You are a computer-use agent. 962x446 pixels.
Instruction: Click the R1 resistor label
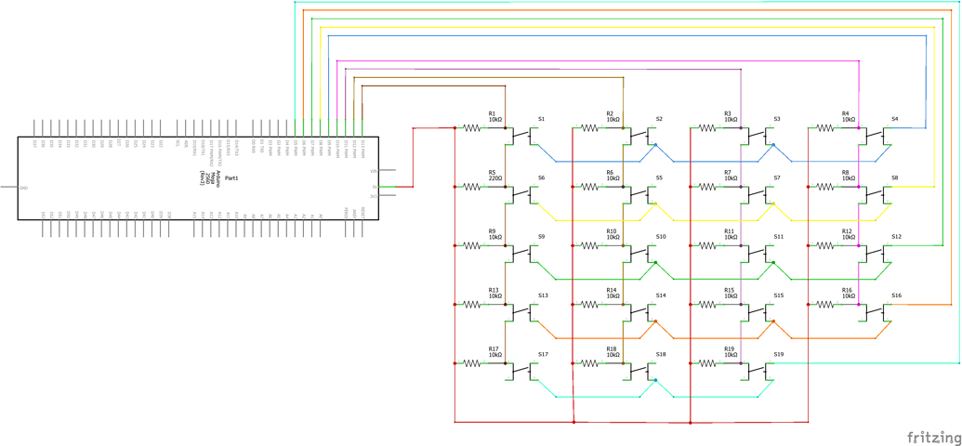tap(493, 113)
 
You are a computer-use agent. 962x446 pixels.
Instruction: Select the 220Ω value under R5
tap(495, 178)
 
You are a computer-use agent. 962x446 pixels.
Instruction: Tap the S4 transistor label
tap(895, 119)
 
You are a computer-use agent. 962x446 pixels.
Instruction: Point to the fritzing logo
tap(934, 437)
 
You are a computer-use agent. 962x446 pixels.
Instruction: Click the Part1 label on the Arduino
tap(231, 177)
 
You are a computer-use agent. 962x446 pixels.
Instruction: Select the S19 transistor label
tap(778, 355)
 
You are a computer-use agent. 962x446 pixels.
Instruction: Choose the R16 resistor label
tap(847, 290)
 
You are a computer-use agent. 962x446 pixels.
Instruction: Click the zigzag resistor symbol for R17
tap(472, 363)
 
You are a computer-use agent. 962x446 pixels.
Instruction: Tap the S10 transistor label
tap(660, 237)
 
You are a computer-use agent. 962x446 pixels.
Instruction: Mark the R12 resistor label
tap(847, 231)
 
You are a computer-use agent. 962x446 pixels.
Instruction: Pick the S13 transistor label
tap(543, 295)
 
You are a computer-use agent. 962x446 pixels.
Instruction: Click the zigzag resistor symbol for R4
tap(825, 128)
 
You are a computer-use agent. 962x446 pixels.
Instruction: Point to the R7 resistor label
tap(729, 172)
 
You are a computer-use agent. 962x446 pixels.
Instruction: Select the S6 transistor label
tap(541, 178)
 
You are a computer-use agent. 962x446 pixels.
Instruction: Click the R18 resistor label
tap(612, 348)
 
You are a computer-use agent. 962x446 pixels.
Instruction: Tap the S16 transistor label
tap(896, 295)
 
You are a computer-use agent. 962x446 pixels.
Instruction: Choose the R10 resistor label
tap(612, 231)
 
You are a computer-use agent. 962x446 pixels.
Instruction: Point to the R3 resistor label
tap(728, 113)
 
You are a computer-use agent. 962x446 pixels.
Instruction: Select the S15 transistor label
tap(778, 295)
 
